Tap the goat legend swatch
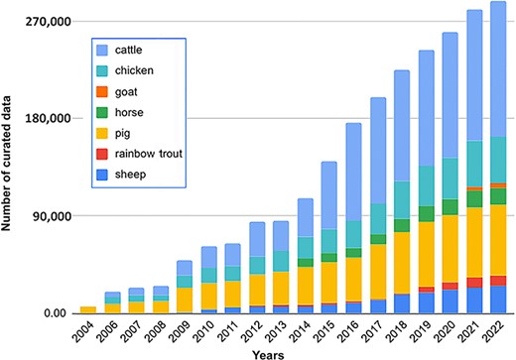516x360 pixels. [x=103, y=91]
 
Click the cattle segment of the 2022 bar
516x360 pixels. [x=498, y=69]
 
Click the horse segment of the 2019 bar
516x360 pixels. [x=427, y=213]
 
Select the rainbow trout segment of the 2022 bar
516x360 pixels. [x=498, y=280]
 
